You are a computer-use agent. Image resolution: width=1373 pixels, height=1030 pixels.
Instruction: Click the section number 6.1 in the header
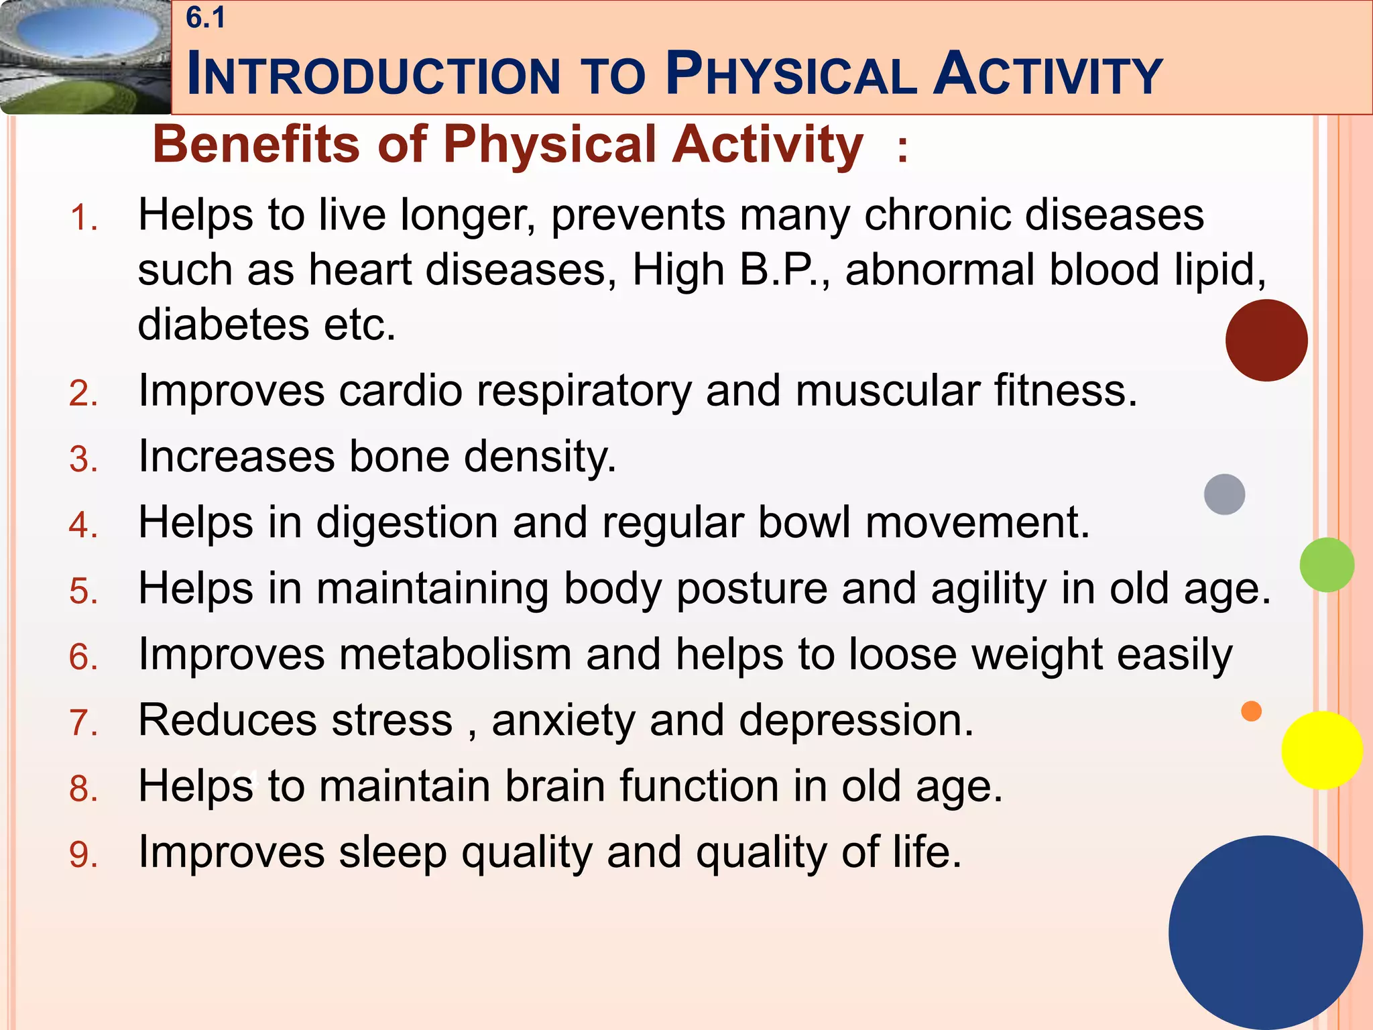point(205,18)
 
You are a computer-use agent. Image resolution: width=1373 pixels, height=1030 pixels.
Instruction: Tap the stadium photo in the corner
point(85,57)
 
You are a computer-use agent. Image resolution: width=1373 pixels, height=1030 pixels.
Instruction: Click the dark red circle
point(1266,341)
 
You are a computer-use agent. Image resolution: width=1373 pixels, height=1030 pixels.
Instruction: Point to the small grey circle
point(1224,494)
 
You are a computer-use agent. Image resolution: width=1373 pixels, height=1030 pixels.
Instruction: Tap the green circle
point(1326,565)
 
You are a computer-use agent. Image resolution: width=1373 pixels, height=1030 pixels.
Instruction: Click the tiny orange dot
point(1251,711)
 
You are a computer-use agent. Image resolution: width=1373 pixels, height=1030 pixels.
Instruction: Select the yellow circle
point(1321,750)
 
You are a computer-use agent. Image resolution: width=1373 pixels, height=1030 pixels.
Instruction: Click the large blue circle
point(1265,932)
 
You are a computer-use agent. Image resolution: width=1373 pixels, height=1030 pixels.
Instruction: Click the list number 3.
point(83,460)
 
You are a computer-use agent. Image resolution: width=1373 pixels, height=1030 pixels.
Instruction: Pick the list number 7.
point(83,724)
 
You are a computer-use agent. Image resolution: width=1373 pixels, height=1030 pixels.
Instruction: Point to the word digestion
point(406,523)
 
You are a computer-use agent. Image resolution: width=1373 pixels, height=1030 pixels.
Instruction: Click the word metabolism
point(455,654)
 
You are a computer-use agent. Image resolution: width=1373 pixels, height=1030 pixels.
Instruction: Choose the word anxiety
point(562,722)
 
